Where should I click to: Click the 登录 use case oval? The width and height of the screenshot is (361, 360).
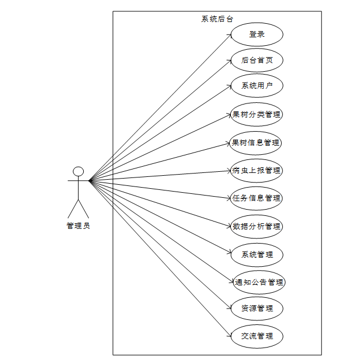click(257, 34)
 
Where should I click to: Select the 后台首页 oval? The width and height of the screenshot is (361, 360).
click(257, 60)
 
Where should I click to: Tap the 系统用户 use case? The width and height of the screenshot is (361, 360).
click(257, 86)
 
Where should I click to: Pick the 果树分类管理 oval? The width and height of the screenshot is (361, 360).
click(257, 114)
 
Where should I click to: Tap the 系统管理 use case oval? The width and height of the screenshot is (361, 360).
click(257, 254)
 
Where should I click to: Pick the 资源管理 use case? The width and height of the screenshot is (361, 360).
click(257, 309)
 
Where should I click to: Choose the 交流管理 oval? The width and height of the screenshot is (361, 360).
click(257, 336)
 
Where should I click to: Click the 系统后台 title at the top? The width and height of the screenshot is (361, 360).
click(217, 19)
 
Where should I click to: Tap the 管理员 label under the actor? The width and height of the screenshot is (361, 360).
click(78, 225)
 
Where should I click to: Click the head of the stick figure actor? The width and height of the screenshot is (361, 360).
click(79, 171)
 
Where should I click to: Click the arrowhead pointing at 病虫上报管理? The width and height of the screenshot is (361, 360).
click(229, 170)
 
